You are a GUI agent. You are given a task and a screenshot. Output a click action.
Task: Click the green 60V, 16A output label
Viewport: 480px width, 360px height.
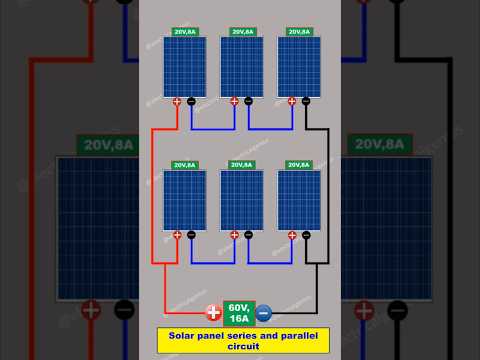pos(239,311)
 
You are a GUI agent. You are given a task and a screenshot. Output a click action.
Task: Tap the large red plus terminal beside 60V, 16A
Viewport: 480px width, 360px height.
pos(213,312)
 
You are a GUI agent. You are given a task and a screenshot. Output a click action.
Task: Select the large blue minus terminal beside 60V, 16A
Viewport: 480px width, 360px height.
pos(264,312)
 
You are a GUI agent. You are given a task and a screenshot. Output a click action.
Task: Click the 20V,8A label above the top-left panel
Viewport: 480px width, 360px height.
pos(185,31)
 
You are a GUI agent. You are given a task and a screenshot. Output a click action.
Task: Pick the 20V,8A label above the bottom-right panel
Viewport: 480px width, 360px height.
pos(298,165)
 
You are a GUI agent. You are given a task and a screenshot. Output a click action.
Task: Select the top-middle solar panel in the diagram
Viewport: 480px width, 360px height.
pos(241,65)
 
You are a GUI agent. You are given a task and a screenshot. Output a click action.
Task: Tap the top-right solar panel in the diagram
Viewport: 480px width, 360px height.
pos(298,65)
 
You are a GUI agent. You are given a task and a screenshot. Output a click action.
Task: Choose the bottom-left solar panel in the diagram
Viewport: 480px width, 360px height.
pos(185,199)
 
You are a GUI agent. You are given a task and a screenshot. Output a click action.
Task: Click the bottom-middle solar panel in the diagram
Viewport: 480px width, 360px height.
pos(241,199)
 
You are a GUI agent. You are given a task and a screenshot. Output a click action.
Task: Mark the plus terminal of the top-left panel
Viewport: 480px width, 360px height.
pos(177,101)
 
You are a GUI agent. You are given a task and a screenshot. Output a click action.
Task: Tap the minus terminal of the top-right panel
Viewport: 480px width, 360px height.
pos(305,101)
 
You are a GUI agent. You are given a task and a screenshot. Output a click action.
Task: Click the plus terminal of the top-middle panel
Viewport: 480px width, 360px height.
pos(234,101)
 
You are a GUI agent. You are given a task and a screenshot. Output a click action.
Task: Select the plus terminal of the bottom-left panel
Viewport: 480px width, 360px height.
pos(177,235)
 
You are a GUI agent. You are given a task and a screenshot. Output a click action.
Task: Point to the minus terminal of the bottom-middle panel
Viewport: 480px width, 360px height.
pos(248,235)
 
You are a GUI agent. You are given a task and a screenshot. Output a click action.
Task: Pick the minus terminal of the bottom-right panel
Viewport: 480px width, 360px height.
pos(305,235)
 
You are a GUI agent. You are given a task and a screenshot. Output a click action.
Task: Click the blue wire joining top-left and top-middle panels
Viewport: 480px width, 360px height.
pos(212,129)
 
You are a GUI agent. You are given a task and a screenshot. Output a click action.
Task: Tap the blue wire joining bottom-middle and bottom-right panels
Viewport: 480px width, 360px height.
pos(269,263)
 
